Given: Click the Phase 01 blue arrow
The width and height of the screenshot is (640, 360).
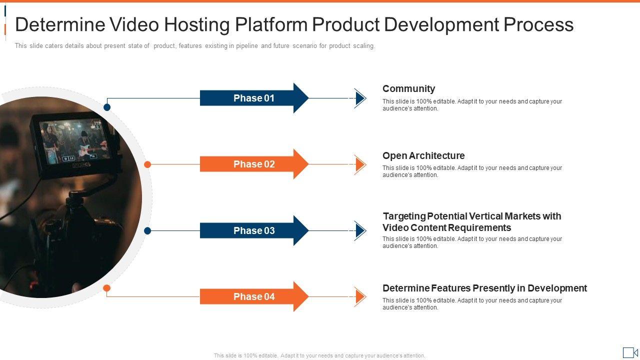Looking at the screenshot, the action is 254,98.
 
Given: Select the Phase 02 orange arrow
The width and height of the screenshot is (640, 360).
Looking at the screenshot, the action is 254,164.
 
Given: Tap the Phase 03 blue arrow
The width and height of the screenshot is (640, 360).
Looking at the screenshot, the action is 254,230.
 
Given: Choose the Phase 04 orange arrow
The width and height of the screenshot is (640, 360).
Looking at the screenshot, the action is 254,296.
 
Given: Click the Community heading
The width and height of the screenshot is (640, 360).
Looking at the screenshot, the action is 409,89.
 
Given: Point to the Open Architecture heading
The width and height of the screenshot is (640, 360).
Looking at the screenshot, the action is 423,155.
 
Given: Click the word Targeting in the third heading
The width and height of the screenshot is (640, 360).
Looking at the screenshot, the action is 404,216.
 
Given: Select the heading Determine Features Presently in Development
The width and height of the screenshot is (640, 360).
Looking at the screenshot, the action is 485,288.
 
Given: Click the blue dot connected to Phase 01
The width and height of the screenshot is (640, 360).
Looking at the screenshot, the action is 107,107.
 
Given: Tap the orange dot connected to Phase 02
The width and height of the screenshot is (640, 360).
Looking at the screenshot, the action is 147,164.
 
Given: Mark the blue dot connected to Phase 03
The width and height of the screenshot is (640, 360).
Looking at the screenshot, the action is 147,231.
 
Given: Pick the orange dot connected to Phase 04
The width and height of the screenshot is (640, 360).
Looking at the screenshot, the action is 106,288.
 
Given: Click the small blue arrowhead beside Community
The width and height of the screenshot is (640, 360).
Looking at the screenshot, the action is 360,98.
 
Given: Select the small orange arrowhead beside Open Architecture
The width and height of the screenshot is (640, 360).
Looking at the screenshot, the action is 360,164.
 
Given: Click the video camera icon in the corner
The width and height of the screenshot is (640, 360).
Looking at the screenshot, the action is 630,352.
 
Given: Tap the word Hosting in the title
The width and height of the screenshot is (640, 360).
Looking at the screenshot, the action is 197,25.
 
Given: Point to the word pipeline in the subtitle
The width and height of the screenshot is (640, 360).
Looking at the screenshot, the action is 247,45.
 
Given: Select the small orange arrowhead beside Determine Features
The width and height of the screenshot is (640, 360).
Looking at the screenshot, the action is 360,297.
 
